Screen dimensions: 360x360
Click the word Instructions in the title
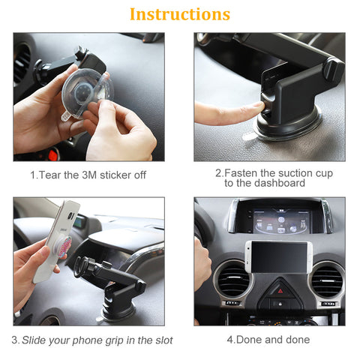tap(180, 14)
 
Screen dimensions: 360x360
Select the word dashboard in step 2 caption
tap(278, 183)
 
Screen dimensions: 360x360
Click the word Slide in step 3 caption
tap(35, 340)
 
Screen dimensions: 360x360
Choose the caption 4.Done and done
tap(268, 340)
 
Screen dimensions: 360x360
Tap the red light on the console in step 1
tap(52, 154)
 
